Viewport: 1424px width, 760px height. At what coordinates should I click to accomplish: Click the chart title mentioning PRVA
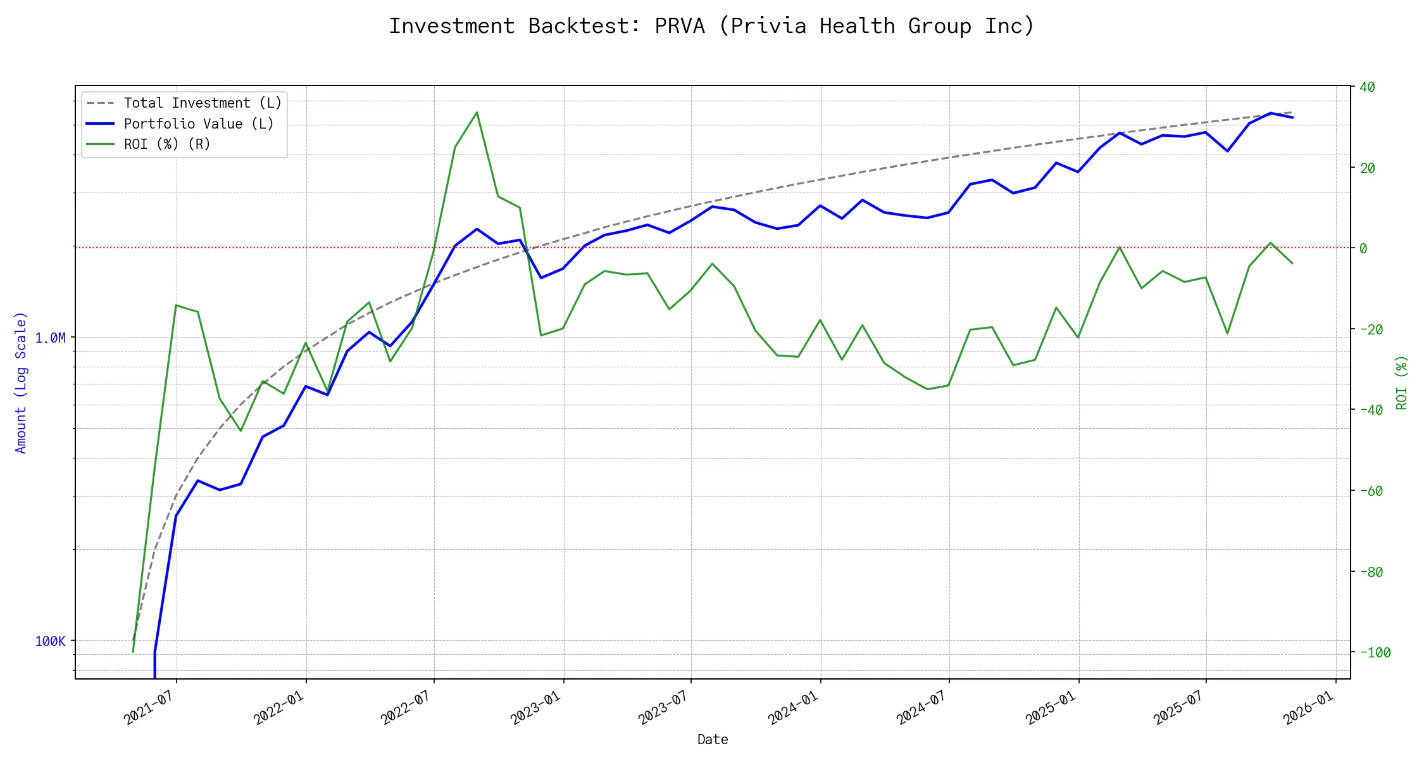711,26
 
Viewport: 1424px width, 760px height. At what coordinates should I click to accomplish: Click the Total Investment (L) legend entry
203,103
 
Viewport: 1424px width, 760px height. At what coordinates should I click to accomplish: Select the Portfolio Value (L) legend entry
199,124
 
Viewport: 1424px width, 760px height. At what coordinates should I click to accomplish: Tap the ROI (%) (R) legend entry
167,144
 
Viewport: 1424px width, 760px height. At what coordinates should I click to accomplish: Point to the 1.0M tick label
50,338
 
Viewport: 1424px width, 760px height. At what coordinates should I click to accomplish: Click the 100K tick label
50,642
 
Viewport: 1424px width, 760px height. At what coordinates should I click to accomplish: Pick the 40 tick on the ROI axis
1367,87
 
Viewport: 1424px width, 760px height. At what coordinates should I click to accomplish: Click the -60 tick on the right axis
1371,491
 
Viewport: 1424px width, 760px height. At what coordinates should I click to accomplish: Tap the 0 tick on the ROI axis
1363,248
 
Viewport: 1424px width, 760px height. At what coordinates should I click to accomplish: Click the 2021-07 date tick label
149,708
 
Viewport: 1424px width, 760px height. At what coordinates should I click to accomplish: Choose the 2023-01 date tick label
536,708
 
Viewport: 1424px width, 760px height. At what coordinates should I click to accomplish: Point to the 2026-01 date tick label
1308,708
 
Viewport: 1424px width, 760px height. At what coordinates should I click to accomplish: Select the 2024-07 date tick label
921,708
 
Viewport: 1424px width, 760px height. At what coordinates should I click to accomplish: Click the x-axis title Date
712,740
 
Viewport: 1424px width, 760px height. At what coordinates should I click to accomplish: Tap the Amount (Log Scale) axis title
21,382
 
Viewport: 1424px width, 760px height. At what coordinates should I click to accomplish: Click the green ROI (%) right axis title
1401,382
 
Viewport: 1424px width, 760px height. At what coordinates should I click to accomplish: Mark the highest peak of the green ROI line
477,113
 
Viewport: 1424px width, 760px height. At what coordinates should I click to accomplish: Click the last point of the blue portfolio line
1292,118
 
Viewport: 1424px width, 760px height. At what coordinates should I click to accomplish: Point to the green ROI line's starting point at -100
133,652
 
